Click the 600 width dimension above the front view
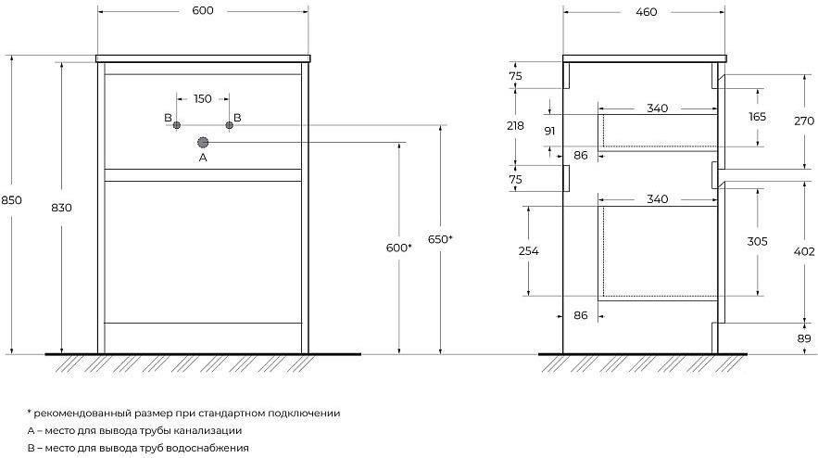tap(202, 10)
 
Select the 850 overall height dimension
tap(11, 200)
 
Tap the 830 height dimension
tap(61, 208)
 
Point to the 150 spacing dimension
tap(202, 98)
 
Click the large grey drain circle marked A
tap(203, 142)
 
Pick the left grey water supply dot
tap(177, 125)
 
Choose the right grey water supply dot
tap(229, 125)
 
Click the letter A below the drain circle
tap(203, 158)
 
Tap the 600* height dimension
tap(398, 248)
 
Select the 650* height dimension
tap(440, 239)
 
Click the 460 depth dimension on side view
tap(646, 11)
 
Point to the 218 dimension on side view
tap(515, 126)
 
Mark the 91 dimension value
tap(550, 131)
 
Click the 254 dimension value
tap(528, 251)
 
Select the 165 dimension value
tap(757, 117)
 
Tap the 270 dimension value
tap(804, 121)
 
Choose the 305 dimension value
tap(757, 241)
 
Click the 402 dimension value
tap(804, 251)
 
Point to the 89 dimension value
tap(804, 339)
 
